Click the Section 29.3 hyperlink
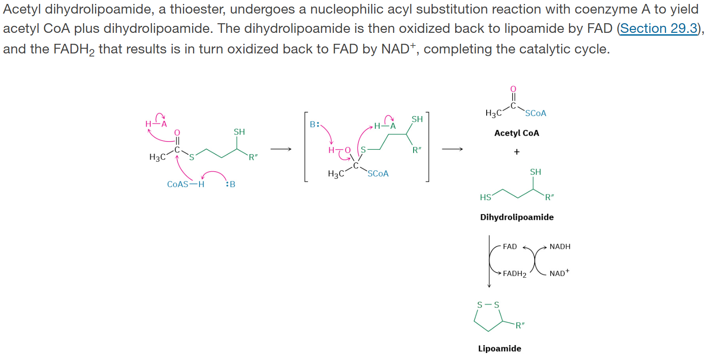pos(659,28)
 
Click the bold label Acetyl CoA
pos(516,133)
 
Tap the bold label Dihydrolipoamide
pos(516,217)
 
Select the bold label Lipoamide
pos(499,349)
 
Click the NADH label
pos(560,247)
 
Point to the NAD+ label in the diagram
pos(559,273)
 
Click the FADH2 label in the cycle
pos(514,274)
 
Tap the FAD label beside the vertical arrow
pos(509,247)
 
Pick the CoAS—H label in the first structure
pos(186,184)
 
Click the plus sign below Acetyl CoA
pos(516,152)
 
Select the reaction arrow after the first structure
pos(281,149)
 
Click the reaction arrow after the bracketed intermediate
pos(452,149)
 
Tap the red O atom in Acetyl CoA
pos(513,89)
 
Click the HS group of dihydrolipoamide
pos(485,198)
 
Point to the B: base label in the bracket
pos(315,124)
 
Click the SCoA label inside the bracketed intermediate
pos(378,174)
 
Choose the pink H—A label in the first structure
pos(156,124)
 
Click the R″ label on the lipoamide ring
pos(520,325)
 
